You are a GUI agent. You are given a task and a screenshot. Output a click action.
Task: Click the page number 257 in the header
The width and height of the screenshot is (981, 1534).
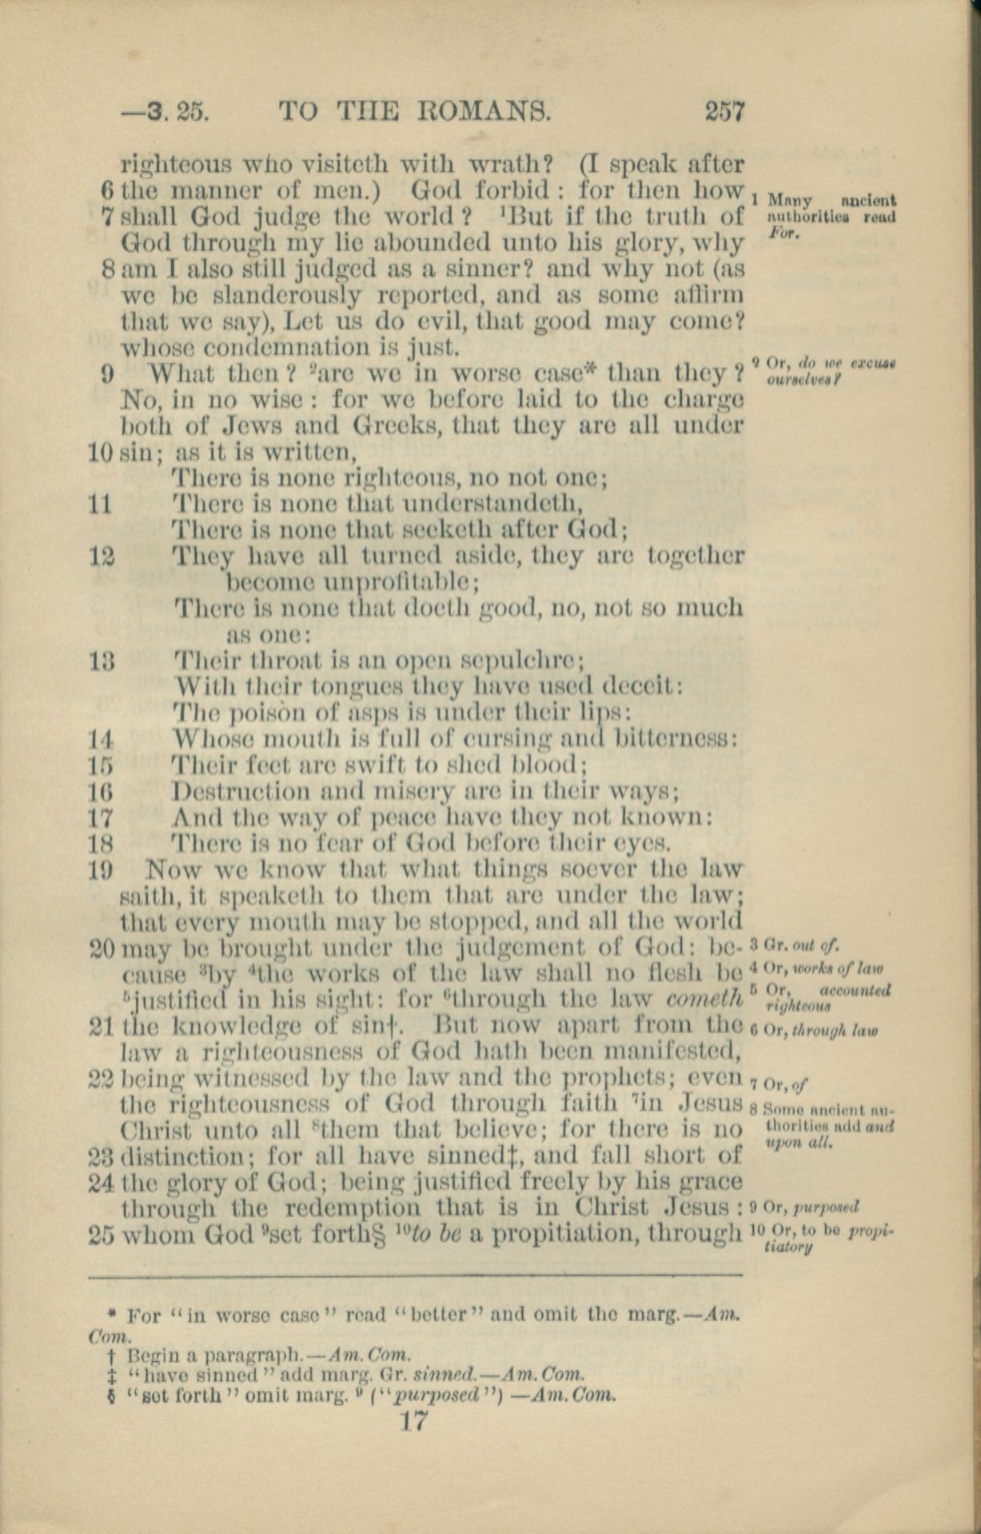[x=724, y=110]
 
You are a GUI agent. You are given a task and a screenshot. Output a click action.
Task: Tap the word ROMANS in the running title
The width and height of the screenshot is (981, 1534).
[x=488, y=110]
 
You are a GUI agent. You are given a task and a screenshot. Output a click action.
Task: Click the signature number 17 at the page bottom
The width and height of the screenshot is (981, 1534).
[x=416, y=1420]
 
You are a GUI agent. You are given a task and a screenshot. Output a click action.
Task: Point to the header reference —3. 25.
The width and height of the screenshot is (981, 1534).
[x=164, y=110]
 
